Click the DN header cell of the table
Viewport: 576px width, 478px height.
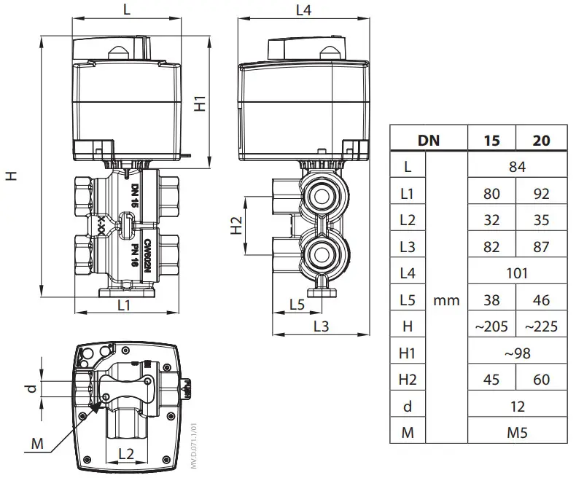coord(428,140)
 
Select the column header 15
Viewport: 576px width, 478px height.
coord(492,140)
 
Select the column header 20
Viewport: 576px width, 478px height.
coord(541,140)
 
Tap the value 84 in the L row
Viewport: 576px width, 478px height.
coord(516,167)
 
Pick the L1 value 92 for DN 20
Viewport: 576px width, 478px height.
coord(541,194)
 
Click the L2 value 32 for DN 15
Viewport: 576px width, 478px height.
coord(492,220)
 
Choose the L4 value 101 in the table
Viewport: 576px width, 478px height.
coord(516,273)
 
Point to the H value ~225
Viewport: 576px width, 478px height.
coord(541,326)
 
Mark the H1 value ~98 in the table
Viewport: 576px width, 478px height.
coord(516,353)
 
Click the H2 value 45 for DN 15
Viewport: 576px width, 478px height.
coord(492,380)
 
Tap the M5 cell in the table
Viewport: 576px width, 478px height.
coord(516,433)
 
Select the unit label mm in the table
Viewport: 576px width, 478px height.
coord(446,299)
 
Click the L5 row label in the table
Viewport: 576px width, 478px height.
coord(408,299)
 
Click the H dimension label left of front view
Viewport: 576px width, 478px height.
coord(10,176)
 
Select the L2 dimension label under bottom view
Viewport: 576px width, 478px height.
coord(125,454)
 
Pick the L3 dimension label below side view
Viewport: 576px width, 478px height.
coord(320,327)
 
